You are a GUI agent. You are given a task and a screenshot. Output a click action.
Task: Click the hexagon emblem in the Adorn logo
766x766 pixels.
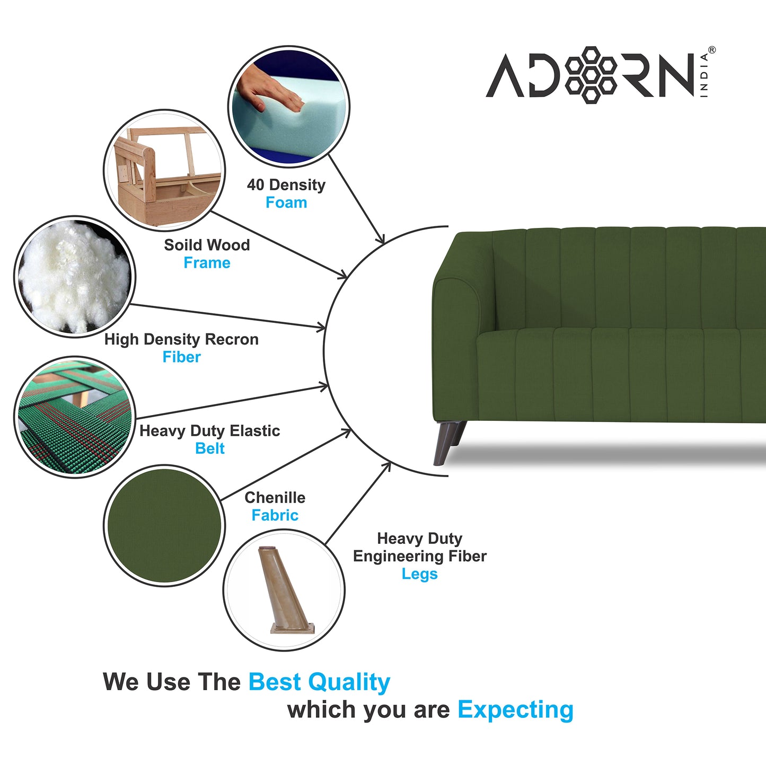coord(591,75)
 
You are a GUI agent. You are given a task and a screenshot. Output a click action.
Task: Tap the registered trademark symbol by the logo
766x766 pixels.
coord(711,50)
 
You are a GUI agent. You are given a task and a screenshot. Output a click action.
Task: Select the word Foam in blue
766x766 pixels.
coord(286,202)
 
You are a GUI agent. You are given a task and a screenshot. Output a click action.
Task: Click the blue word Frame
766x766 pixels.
coord(207,263)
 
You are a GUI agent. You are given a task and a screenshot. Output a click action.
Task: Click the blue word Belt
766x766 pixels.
coord(210,448)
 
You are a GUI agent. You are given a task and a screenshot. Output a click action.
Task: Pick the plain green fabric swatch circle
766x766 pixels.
coord(164,525)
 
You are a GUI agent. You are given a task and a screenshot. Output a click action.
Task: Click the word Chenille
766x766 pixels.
coord(275,498)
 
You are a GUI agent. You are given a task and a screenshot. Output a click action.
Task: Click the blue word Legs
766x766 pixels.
coord(419,574)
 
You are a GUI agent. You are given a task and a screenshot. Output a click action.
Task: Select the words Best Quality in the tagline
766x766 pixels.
coord(319,682)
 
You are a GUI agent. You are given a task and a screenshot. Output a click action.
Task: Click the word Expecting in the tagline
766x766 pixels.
coord(515,710)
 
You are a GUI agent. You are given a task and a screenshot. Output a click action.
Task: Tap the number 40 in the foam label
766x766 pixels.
coord(256,185)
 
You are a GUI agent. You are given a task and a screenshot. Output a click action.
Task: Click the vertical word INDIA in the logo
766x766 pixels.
coord(704,75)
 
